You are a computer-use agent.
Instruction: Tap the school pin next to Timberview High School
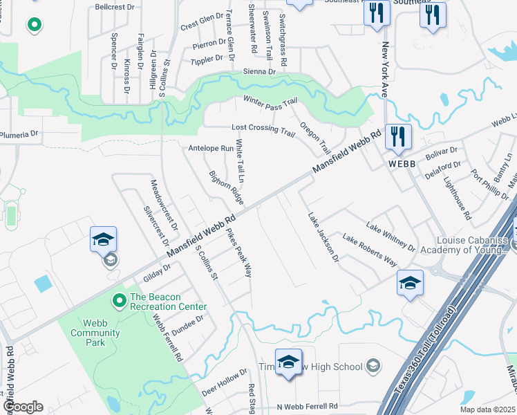click(288, 362)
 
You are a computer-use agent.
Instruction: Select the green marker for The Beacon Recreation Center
click(118, 300)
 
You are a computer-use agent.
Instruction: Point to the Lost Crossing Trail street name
click(263, 129)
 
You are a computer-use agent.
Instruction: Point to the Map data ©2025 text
click(489, 409)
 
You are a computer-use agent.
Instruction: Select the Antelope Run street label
click(211, 148)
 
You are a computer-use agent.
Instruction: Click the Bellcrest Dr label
click(113, 7)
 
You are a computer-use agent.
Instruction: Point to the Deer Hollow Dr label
click(224, 382)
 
